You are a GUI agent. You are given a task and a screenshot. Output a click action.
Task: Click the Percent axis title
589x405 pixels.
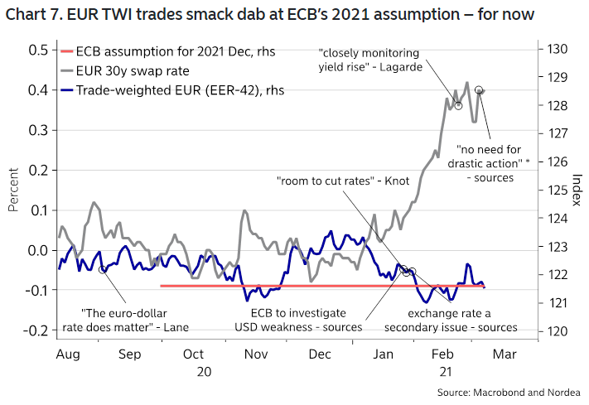[x=13, y=190]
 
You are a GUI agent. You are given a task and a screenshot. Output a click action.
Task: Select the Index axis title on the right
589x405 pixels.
[x=577, y=190]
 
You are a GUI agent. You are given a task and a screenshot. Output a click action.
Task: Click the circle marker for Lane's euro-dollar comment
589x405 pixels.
[x=102, y=269]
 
